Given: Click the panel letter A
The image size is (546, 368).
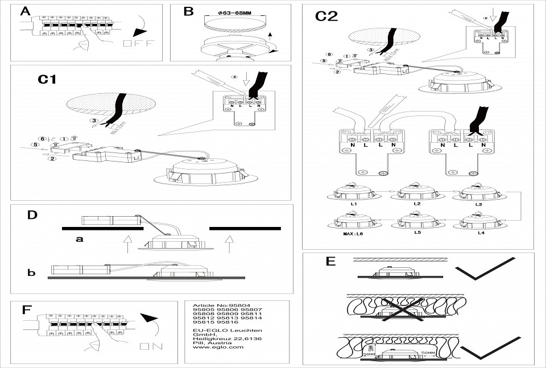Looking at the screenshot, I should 25,12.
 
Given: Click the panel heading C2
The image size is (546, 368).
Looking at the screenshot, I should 326,16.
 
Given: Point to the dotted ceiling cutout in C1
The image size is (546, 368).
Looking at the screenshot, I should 111,105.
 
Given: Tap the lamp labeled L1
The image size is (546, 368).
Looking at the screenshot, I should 353,191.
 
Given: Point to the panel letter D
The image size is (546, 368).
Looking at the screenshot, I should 32,216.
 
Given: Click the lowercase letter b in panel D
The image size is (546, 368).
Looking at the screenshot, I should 31,273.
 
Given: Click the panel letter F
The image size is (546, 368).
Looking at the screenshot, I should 26,310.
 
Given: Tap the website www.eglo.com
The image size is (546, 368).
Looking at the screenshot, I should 218,346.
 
